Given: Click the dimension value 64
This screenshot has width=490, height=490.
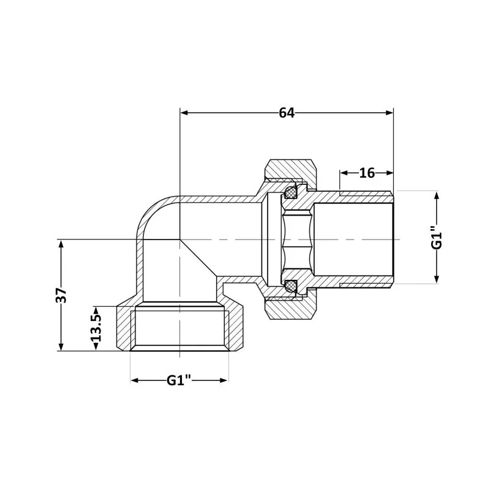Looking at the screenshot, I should coord(287,113).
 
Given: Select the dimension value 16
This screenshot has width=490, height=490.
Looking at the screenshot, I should coord(367,173).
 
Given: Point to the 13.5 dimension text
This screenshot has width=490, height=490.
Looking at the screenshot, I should coord(96,328).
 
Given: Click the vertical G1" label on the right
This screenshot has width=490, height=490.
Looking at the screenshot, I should coord(437,237).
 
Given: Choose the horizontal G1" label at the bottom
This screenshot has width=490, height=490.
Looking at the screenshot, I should coord(179,380).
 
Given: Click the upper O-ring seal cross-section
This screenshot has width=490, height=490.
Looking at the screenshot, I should coord(290,193).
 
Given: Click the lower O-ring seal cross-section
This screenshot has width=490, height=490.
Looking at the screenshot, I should coord(290,285).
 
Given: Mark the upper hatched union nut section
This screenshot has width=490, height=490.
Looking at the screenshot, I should coord(290,168).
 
